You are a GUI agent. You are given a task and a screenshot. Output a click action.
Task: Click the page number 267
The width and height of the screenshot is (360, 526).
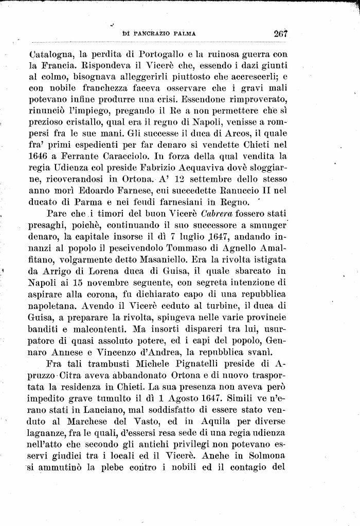(280, 34)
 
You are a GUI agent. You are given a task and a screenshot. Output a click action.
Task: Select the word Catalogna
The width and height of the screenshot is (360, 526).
(51, 54)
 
